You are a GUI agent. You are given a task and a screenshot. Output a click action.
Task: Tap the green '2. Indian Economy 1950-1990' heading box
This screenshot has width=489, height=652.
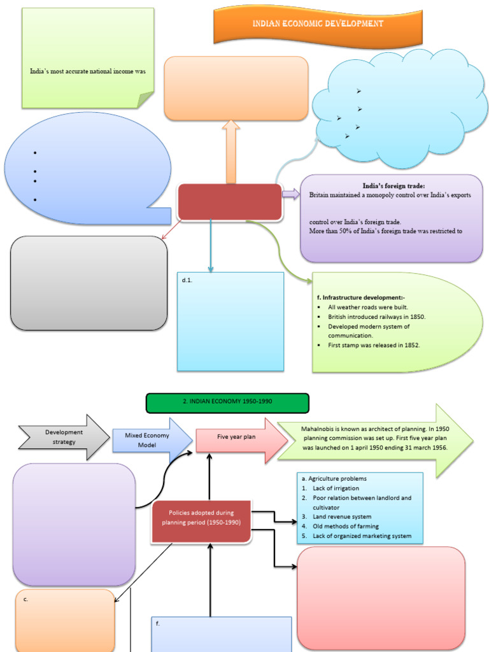click(227, 403)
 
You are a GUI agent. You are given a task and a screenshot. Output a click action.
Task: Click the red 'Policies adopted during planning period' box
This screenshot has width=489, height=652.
click(201, 518)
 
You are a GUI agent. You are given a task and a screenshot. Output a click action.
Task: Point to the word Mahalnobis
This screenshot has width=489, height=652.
click(321, 429)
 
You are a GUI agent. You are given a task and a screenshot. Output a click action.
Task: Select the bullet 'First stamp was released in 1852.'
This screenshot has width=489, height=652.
click(374, 345)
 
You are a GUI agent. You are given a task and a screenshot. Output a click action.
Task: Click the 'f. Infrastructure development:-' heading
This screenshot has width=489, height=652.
click(356, 297)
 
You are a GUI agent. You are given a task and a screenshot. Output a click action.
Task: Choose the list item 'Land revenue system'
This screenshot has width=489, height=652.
click(342, 516)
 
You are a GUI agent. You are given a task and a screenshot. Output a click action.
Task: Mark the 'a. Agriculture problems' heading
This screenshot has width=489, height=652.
click(334, 478)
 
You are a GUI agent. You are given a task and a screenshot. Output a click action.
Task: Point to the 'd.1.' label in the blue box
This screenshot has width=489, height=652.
click(186, 280)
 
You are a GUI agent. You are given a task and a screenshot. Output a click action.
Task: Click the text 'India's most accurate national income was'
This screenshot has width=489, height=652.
click(88, 71)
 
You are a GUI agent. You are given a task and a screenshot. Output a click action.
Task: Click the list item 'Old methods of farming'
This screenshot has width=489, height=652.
click(345, 526)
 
